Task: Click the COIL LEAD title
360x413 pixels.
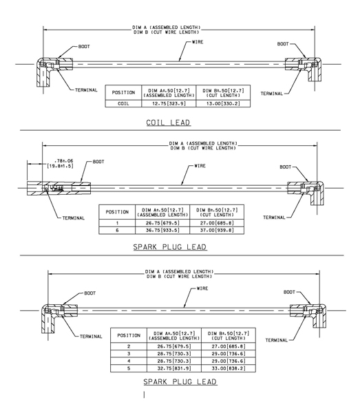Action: (168, 123)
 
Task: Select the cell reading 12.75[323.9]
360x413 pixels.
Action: (169, 103)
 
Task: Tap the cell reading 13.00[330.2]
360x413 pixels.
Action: (223, 103)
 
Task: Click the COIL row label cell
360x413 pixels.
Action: (123, 103)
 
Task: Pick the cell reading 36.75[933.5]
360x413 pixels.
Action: (162, 230)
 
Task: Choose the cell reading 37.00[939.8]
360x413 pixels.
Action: (217, 230)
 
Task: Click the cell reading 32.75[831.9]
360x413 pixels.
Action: (174, 368)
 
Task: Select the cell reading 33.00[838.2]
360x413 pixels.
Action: (229, 368)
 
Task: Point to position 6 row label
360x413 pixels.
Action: (117, 230)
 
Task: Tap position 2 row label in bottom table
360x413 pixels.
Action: (129, 346)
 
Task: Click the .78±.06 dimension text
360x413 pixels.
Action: (63, 160)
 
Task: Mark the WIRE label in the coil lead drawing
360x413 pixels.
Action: (198, 42)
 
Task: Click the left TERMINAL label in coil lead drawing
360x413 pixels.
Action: (86, 90)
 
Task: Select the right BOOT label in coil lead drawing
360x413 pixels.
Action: (283, 44)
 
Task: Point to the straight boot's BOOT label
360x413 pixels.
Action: (98, 162)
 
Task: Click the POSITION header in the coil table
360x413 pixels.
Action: (123, 92)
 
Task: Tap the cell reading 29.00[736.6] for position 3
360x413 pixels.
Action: (229, 354)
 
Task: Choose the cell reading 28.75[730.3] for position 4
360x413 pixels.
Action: (174, 361)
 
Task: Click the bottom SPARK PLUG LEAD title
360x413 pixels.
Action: (180, 381)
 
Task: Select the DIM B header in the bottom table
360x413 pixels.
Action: (229, 336)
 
